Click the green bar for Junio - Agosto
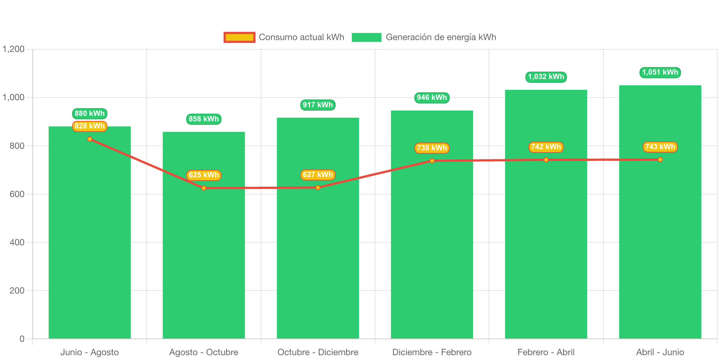click(x=89, y=238)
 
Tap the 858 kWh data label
click(x=203, y=119)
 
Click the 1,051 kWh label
click(x=660, y=72)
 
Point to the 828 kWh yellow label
click(x=89, y=126)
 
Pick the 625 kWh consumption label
click(x=203, y=175)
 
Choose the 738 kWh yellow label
click(x=432, y=148)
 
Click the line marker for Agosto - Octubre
click(x=204, y=188)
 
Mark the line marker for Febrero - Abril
click(x=546, y=160)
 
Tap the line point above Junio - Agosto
click(x=89, y=139)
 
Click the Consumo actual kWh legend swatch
click(x=239, y=37)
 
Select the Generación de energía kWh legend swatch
click(x=366, y=37)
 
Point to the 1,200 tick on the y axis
click(x=14, y=49)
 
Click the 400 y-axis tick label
click(x=17, y=242)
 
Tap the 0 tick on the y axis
click(x=22, y=339)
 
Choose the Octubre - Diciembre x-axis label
click(x=318, y=352)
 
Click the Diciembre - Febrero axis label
click(x=432, y=352)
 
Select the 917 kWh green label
click(x=318, y=105)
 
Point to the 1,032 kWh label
click(x=546, y=77)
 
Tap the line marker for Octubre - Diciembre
click(x=318, y=188)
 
